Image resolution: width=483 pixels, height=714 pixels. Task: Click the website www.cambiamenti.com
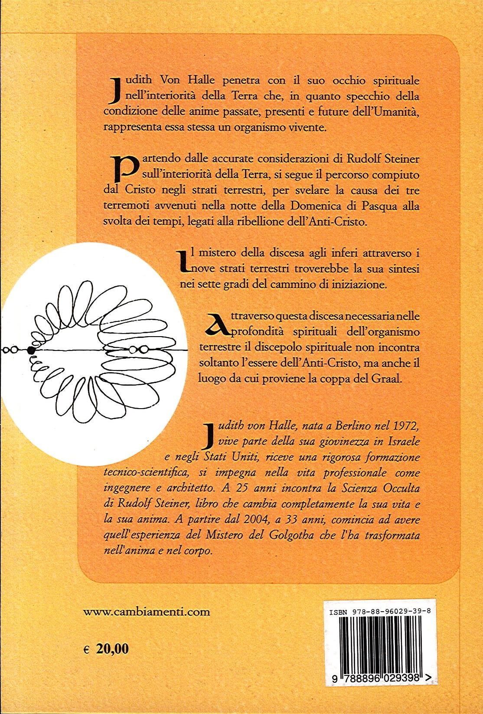pos(146,612)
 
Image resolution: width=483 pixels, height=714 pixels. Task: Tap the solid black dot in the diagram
pos(31,350)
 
